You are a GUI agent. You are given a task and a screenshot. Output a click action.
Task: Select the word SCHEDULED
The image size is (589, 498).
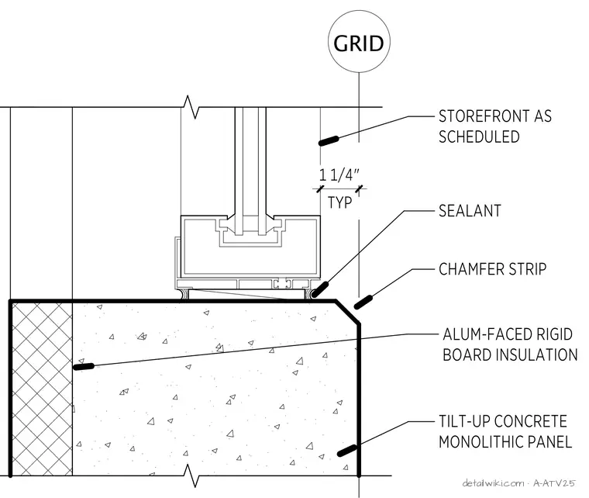479,137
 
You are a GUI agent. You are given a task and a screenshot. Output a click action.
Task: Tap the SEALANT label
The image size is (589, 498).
470,211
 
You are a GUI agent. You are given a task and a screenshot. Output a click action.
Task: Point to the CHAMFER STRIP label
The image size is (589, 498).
492,269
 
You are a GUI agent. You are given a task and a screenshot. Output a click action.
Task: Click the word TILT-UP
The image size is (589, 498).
460,421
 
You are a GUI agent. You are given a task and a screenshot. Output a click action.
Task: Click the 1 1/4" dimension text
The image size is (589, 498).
339,175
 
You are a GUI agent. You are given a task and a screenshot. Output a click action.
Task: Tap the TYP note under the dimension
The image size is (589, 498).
340,202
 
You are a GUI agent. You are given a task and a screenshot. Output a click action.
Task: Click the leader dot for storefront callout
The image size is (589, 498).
329,141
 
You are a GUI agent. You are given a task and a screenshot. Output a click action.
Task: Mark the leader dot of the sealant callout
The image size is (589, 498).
319,289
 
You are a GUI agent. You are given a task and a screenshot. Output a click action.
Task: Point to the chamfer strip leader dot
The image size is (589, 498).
363,303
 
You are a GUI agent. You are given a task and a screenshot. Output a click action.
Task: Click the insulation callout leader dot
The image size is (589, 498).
84,366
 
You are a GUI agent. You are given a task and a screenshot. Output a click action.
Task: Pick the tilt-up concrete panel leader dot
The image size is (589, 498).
347,451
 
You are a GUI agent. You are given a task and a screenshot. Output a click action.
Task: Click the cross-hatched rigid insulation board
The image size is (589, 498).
42,389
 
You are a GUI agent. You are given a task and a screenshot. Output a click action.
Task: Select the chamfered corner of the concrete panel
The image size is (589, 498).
348,312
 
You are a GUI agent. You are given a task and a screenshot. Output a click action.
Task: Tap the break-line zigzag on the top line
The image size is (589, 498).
191,107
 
